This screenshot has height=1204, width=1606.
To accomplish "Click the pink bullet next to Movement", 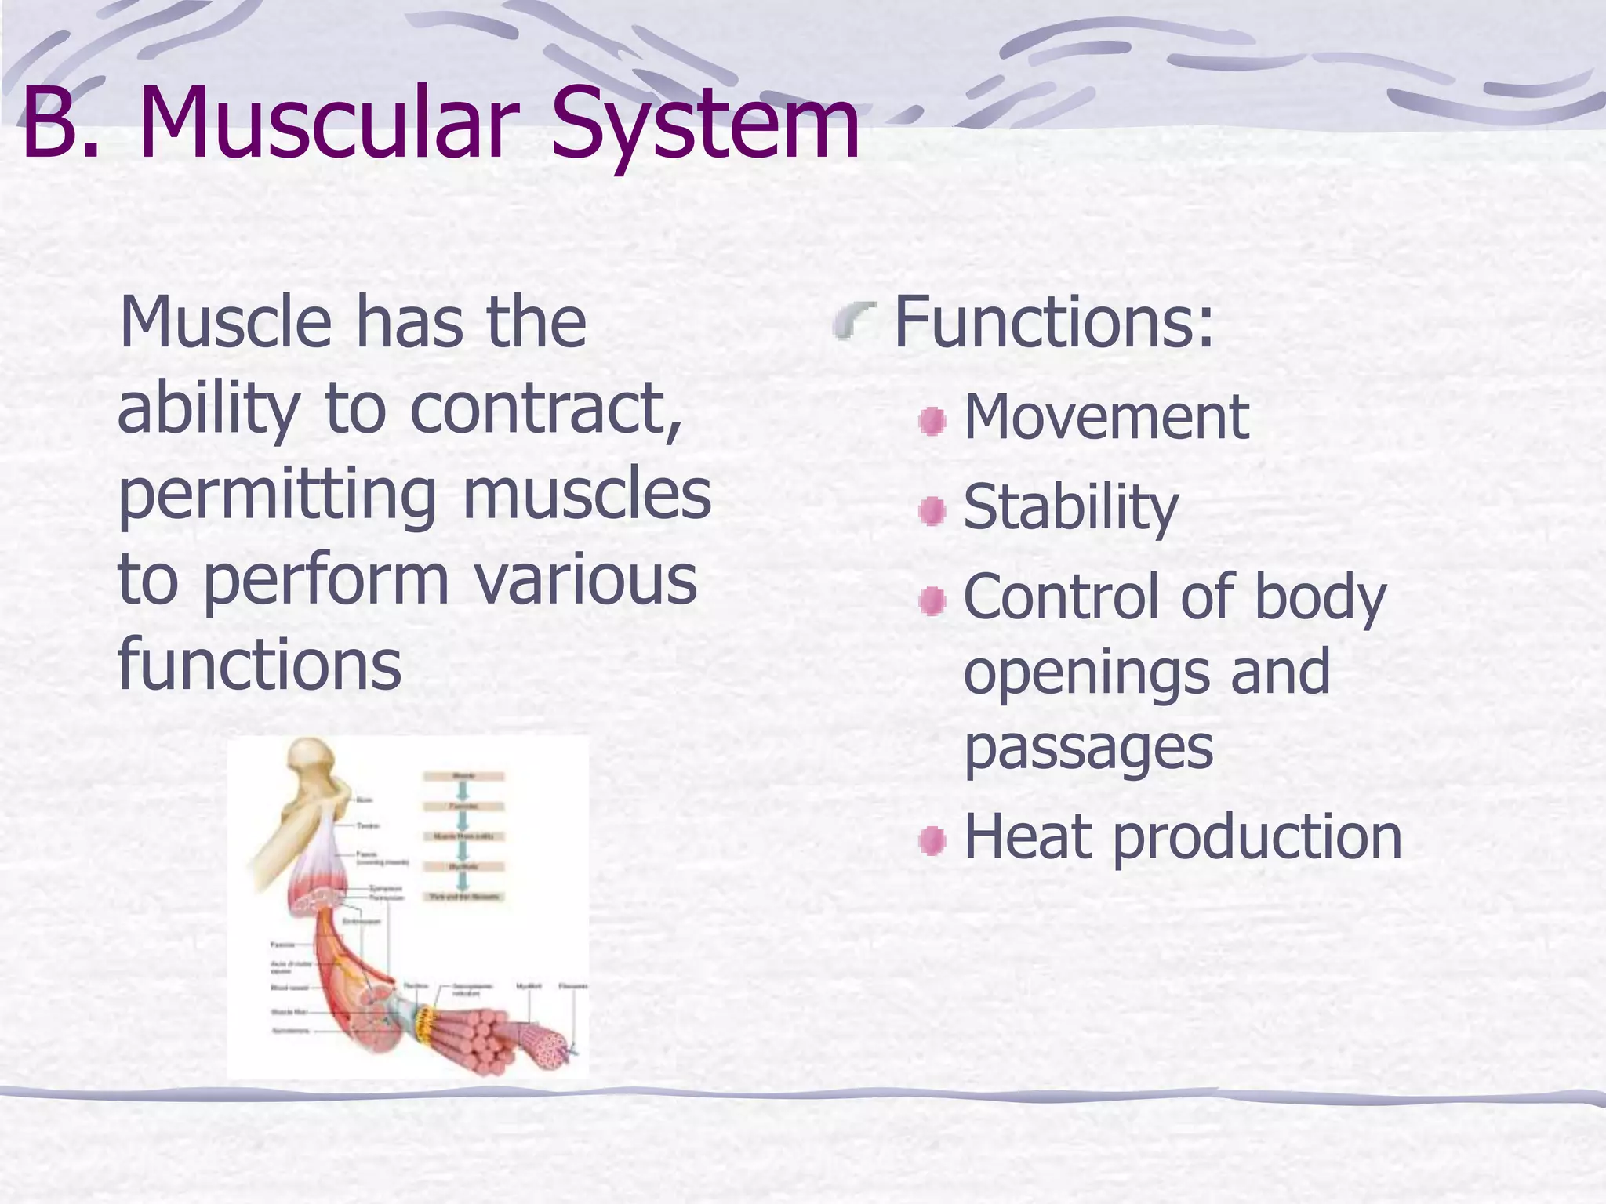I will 932,422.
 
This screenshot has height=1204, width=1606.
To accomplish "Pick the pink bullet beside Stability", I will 932,512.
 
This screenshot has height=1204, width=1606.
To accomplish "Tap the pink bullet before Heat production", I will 932,841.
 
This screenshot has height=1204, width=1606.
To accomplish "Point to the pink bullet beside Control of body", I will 932,602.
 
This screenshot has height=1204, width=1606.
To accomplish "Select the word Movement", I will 1106,417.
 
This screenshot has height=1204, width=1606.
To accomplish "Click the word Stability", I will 1070,508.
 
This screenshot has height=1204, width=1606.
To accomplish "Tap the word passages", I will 1088,749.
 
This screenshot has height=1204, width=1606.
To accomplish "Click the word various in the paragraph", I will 585,580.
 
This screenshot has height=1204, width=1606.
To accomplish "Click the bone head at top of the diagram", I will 311,758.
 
